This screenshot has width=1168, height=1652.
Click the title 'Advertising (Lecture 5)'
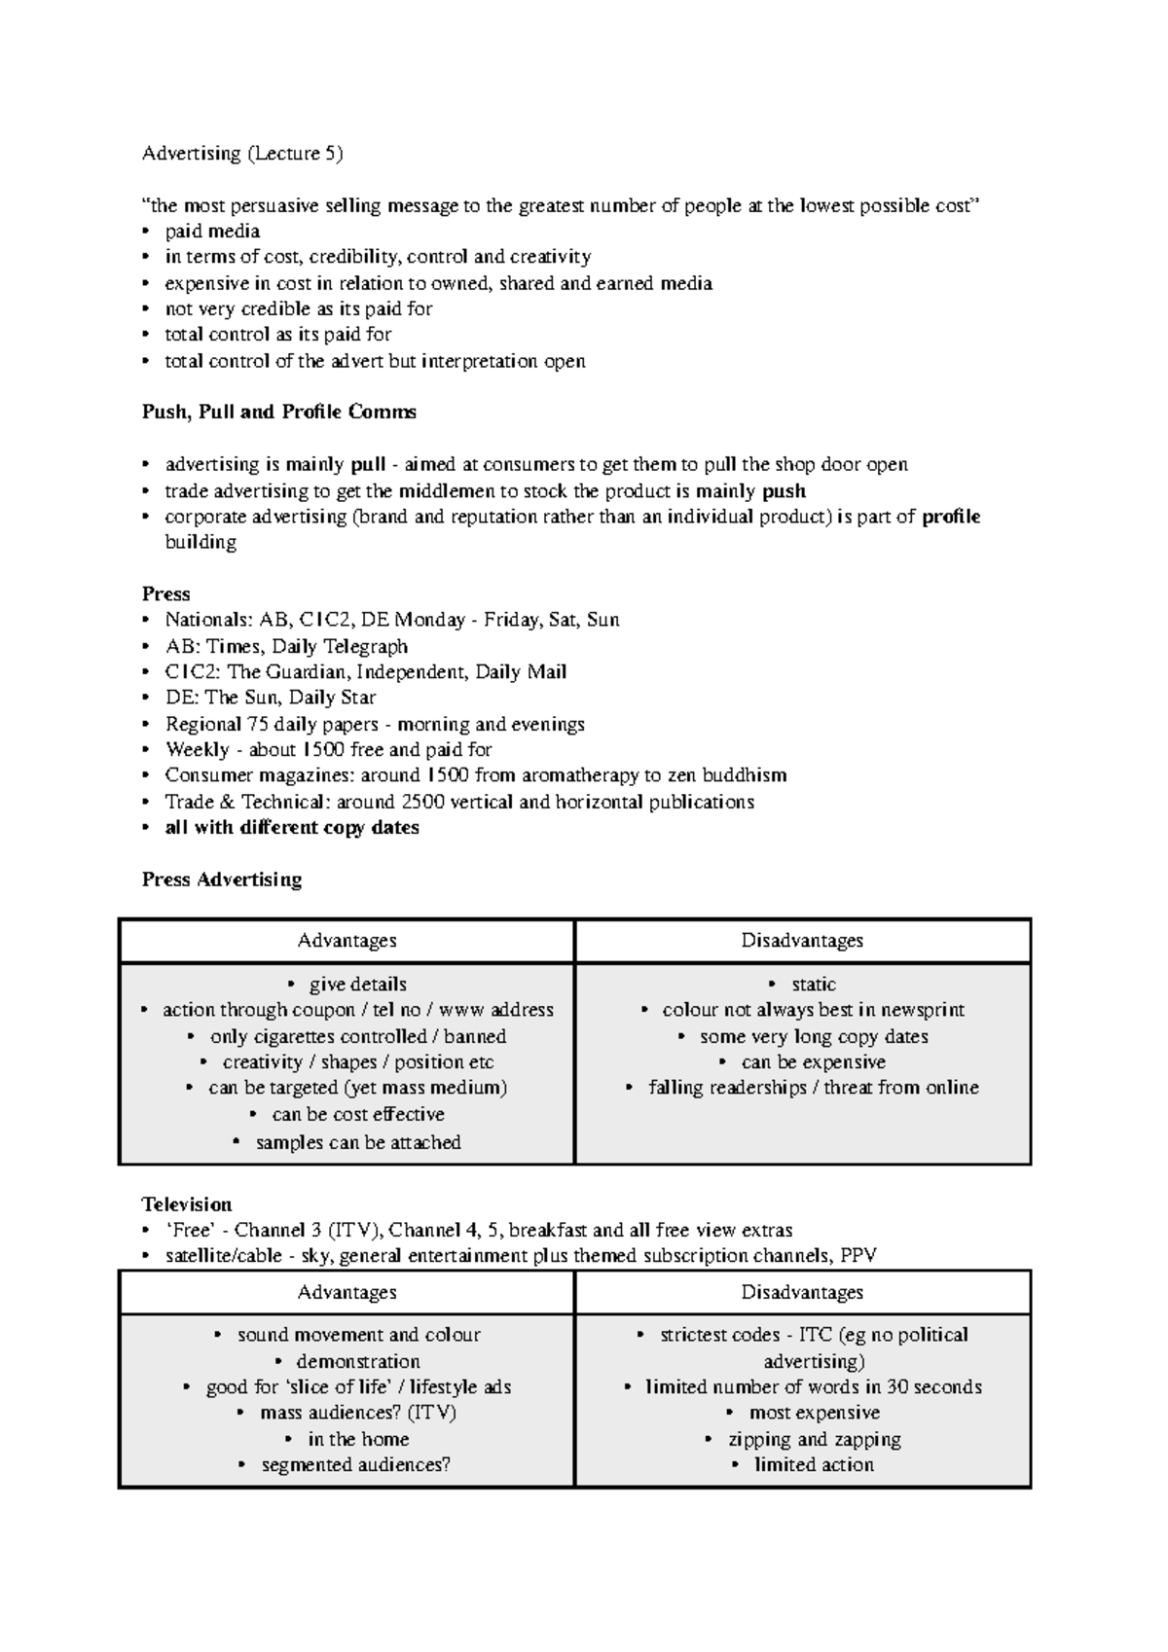(x=242, y=153)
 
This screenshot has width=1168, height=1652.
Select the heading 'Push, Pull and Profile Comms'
(x=278, y=412)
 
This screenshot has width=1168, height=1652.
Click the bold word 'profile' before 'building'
(x=951, y=517)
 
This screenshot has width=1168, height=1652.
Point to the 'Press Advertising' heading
(x=222, y=880)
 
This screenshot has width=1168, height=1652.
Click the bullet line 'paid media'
(x=212, y=231)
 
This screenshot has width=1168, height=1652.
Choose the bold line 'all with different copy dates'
(x=292, y=828)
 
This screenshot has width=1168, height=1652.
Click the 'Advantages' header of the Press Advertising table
(x=347, y=941)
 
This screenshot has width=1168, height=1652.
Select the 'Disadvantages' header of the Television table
(x=802, y=1292)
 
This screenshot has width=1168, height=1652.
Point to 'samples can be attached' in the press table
(x=358, y=1142)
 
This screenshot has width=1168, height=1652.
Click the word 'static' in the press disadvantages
(x=814, y=984)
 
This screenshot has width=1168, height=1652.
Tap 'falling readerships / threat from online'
(x=814, y=1088)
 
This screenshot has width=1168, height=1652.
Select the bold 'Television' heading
(x=187, y=1204)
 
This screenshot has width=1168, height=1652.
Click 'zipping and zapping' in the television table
(x=815, y=1439)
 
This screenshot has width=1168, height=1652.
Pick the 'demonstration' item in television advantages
(x=358, y=1361)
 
